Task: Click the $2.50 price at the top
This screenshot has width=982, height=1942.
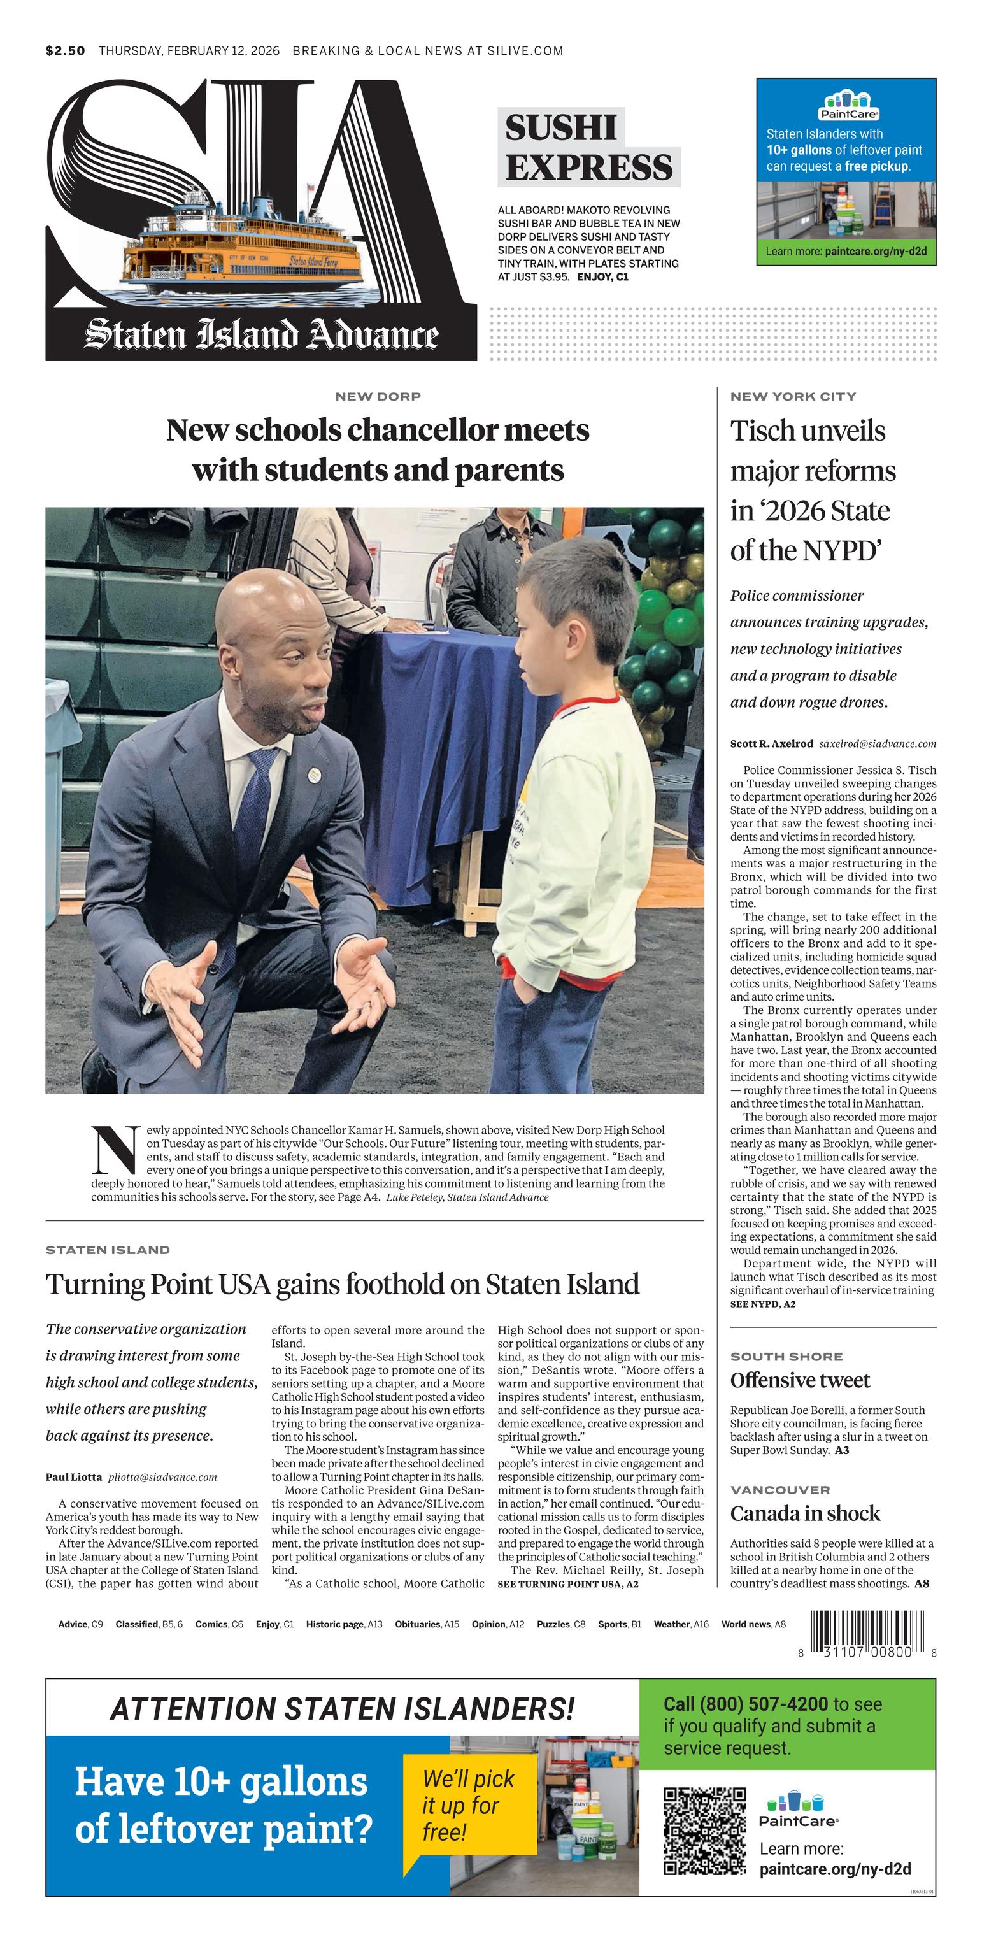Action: point(65,50)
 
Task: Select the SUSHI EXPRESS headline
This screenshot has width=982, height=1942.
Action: point(588,148)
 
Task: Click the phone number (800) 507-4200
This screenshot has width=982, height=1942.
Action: point(764,1704)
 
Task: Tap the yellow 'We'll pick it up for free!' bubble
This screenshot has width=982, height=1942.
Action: point(468,1804)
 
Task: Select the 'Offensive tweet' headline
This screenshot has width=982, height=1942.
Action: point(800,1380)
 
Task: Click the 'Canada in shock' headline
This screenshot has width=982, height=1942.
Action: point(805,1513)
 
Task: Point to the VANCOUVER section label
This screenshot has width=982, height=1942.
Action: point(780,1490)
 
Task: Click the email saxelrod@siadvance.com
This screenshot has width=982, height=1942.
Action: point(878,743)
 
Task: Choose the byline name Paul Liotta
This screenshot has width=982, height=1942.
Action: point(73,1477)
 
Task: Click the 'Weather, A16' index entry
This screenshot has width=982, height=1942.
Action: point(681,1624)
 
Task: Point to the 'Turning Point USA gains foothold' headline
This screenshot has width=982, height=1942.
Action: point(342,1284)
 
